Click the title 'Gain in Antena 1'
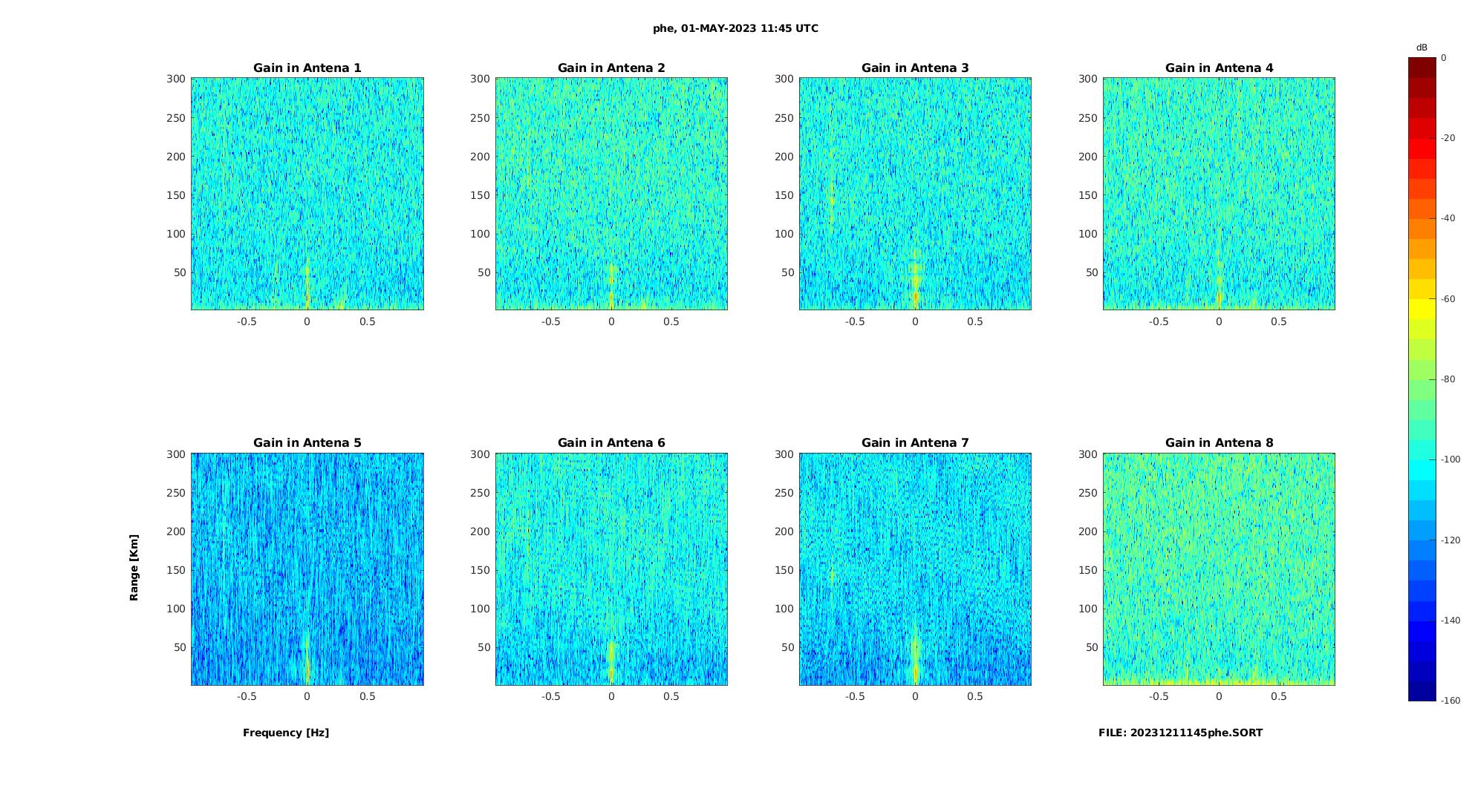click(307, 68)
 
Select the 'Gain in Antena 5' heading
click(307, 443)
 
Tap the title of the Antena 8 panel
click(1219, 443)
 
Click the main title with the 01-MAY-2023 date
click(735, 29)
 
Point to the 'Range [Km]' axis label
click(134, 568)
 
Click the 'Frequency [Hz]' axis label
click(286, 733)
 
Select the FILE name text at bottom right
click(1180, 733)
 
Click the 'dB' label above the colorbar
click(1422, 48)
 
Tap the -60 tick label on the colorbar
click(1448, 299)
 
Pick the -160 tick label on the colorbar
click(1450, 701)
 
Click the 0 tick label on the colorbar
click(1444, 58)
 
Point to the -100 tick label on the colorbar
click(1450, 459)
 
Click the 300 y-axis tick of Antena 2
click(480, 79)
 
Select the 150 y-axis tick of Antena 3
click(784, 195)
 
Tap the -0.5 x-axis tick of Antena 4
click(1159, 321)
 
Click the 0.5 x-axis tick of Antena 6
click(671, 696)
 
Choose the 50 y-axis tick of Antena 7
click(788, 647)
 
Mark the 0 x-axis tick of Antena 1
click(307, 321)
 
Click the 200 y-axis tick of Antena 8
click(1088, 531)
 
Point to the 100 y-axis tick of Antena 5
click(176, 609)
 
